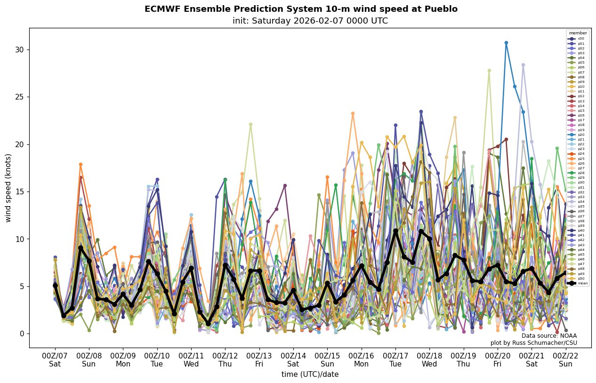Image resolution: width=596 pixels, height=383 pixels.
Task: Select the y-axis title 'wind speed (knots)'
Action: point(8,188)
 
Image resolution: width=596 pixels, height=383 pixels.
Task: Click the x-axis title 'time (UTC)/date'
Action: point(310,374)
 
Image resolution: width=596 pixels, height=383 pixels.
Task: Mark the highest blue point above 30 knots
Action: point(506,43)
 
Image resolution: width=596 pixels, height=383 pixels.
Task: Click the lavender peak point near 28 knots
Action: point(523,65)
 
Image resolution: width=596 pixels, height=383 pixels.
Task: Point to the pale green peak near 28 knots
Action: point(489,71)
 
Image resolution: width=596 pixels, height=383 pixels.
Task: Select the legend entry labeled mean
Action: point(577,283)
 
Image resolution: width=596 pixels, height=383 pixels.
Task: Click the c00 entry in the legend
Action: point(577,39)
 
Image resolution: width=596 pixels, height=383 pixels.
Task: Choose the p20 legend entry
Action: point(577,134)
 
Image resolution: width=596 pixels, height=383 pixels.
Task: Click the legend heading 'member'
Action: point(578,33)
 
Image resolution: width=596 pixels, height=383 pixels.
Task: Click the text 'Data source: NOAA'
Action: point(549,336)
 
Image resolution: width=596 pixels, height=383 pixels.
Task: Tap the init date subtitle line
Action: point(310,21)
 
